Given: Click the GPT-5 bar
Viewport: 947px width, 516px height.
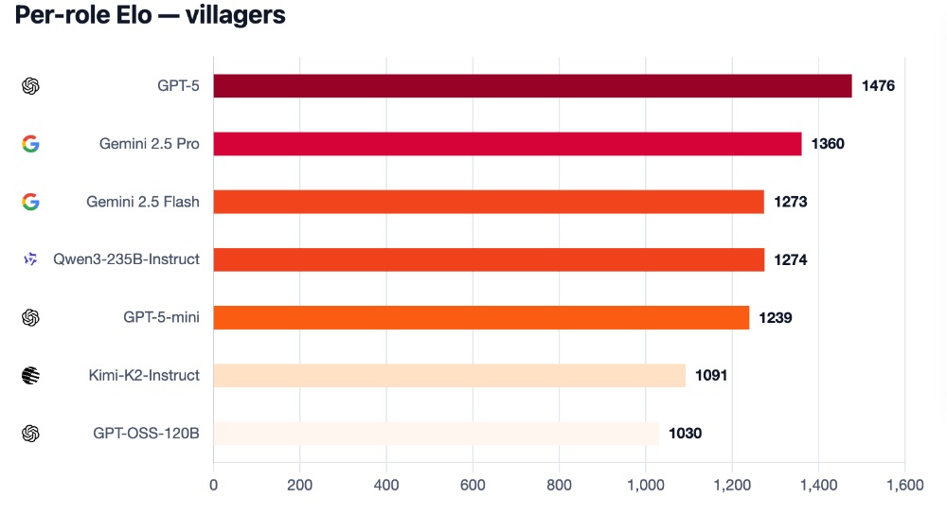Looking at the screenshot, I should [x=532, y=86].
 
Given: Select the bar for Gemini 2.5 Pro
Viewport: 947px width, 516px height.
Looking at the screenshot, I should [x=507, y=144].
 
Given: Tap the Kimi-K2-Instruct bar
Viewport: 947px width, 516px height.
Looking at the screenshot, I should [x=449, y=375].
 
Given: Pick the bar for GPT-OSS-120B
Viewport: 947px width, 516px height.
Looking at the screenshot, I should [x=436, y=433].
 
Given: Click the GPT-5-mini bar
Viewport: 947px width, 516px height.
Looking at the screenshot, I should [x=481, y=317].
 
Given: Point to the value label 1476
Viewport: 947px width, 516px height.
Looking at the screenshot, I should [x=878, y=86].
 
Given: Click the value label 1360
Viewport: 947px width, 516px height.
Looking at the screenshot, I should [x=828, y=144].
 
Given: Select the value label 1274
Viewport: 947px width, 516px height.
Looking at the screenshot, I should [x=790, y=259].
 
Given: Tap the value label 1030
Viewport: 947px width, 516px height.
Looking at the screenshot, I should [x=685, y=433].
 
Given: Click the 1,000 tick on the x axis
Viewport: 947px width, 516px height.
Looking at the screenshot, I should [x=645, y=486].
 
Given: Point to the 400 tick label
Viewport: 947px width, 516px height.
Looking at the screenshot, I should [x=386, y=486].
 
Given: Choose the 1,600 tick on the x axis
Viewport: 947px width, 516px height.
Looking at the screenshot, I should [x=903, y=486].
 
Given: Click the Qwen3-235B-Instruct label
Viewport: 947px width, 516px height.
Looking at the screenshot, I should [x=126, y=259].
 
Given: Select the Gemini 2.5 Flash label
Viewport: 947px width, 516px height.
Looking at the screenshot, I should [x=143, y=202].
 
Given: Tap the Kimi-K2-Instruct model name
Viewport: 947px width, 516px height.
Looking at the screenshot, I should [x=144, y=375].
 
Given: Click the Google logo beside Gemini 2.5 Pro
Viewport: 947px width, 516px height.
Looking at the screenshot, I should [x=30, y=144].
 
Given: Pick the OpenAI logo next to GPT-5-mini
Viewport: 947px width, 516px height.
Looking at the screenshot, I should [x=30, y=317].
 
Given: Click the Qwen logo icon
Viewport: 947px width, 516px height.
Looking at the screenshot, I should [x=30, y=259].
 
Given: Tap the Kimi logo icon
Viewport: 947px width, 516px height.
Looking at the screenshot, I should [x=30, y=375].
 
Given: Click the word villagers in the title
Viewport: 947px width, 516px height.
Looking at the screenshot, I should [x=235, y=17].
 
